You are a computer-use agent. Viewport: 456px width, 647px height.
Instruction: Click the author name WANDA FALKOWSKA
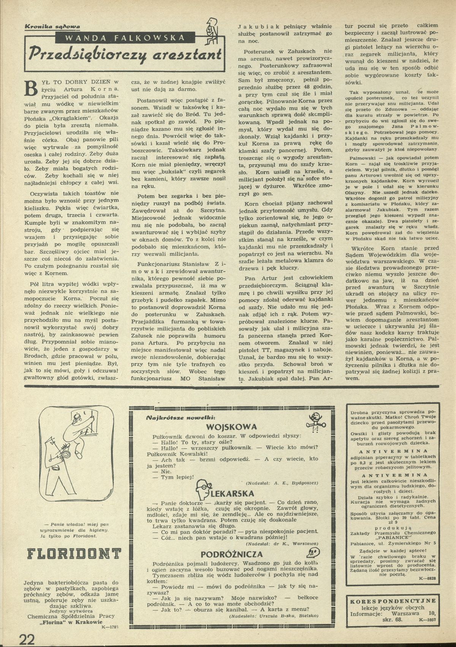pyautogui.click(x=120, y=37)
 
